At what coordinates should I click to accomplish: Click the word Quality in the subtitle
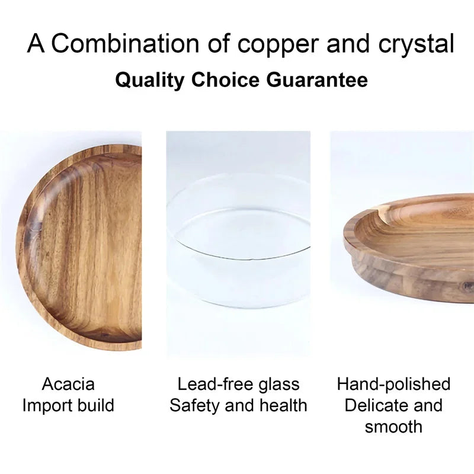(149, 80)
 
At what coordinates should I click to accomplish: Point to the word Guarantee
(317, 80)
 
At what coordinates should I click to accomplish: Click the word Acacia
(68, 384)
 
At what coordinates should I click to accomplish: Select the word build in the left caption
(95, 406)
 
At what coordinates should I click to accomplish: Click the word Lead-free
(207, 384)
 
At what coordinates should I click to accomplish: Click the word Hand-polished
(393, 384)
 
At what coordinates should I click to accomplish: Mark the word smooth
(393, 427)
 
